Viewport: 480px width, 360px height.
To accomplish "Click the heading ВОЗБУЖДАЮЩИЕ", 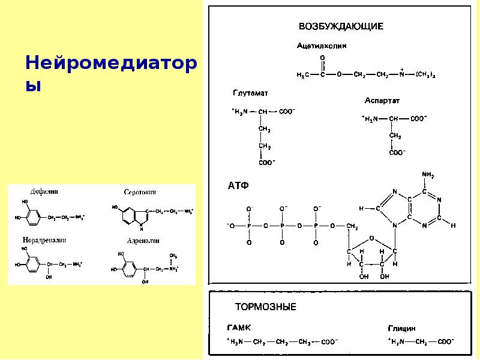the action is pos(341,26).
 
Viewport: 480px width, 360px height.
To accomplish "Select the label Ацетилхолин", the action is pos(322,46).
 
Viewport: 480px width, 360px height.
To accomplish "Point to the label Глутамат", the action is pos(250,94).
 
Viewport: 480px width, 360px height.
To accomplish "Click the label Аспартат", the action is pos(382,100).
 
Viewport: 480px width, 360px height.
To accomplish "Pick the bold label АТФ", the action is pos(238,186).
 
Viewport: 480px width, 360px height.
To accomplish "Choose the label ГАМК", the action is pos(239,328).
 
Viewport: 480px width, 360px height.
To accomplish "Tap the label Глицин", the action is pos(402,328).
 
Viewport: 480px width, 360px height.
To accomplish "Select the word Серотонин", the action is pos(140,192).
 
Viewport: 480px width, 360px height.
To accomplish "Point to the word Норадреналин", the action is pos(45,240).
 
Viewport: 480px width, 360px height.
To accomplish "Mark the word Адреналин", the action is pos(142,240).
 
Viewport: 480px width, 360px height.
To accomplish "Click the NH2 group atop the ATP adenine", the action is pos(429,175).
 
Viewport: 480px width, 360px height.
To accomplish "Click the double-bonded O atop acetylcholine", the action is pos(322,58).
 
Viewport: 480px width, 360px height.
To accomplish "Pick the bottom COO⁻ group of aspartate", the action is pos(396,153).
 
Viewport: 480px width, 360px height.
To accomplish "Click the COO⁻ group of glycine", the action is pos(445,342).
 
